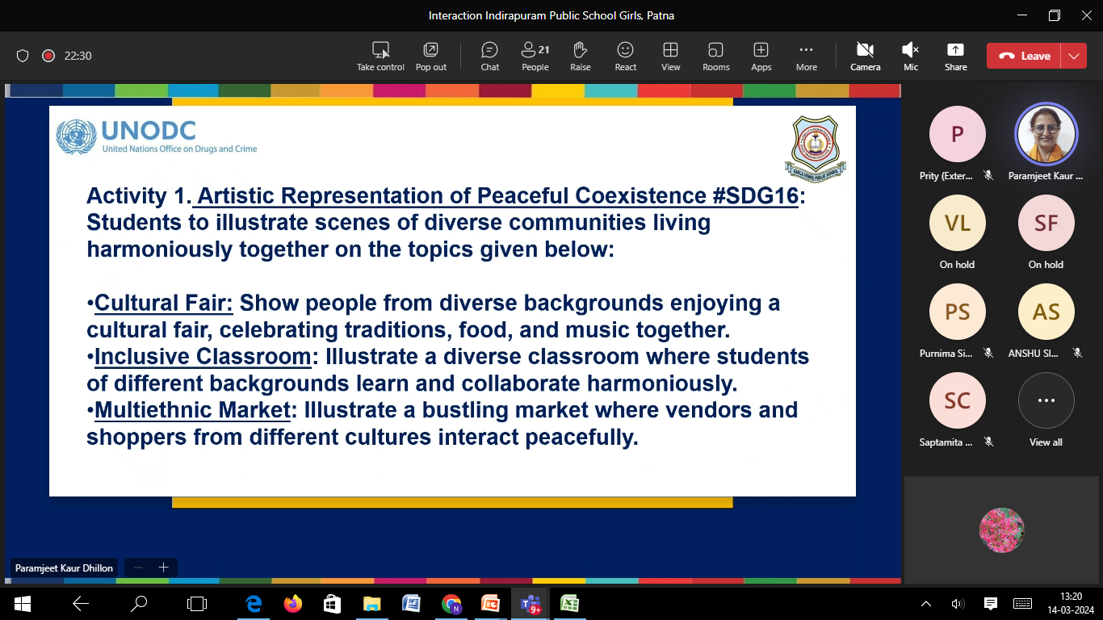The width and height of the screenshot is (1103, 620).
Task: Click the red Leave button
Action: pyautogui.click(x=1024, y=56)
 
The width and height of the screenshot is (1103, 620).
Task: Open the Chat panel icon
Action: pyautogui.click(x=489, y=50)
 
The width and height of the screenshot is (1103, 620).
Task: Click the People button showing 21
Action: pyautogui.click(x=535, y=57)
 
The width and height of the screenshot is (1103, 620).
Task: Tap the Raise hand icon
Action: pyautogui.click(x=580, y=50)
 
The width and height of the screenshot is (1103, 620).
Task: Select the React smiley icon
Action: pyautogui.click(x=625, y=50)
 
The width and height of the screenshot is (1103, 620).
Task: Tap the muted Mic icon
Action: pyautogui.click(x=910, y=50)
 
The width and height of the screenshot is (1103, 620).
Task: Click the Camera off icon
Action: pyautogui.click(x=865, y=50)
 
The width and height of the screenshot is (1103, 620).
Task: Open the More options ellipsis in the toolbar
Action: pyautogui.click(x=806, y=50)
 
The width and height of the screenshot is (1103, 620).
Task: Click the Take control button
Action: pyautogui.click(x=380, y=57)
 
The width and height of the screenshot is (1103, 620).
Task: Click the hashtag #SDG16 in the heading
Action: pyautogui.click(x=755, y=195)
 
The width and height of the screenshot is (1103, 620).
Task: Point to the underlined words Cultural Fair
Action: pyautogui.click(x=163, y=303)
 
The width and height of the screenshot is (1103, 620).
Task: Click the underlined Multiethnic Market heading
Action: pyautogui.click(x=192, y=410)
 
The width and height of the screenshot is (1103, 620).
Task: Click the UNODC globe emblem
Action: pyautogui.click(x=76, y=136)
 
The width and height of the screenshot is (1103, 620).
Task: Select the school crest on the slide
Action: pyautogui.click(x=816, y=149)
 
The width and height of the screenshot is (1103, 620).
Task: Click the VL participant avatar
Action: pyautogui.click(x=957, y=223)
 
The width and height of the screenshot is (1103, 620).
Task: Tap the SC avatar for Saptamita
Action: pyautogui.click(x=957, y=400)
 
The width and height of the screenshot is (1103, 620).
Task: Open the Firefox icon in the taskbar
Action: pyautogui.click(x=292, y=604)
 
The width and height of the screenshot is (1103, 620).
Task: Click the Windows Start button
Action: pyautogui.click(x=22, y=604)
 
